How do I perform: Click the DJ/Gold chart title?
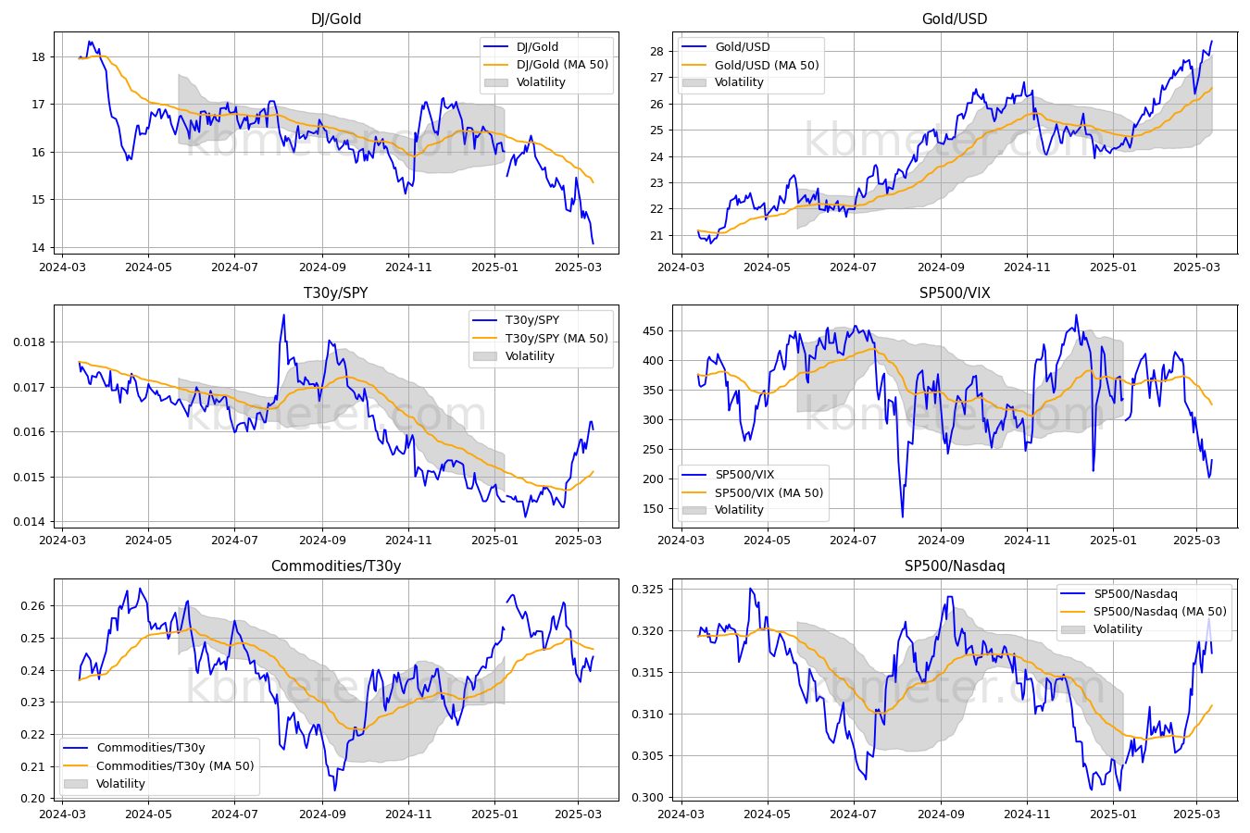pyautogui.click(x=336, y=19)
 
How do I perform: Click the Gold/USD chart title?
pyautogui.click(x=955, y=19)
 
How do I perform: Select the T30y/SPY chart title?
pyautogui.click(x=336, y=292)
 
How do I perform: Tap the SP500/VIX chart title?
pyautogui.click(x=955, y=292)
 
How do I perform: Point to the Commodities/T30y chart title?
pyautogui.click(x=336, y=566)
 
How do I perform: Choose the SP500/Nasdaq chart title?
pyautogui.click(x=955, y=566)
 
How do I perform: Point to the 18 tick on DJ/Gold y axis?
pyautogui.click(x=39, y=56)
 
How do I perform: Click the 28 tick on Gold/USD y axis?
pyautogui.click(x=657, y=51)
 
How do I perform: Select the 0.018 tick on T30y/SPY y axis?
pyautogui.click(x=30, y=342)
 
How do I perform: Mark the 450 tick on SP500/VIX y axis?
pyautogui.click(x=654, y=330)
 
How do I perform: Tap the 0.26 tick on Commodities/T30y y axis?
pyautogui.click(x=33, y=606)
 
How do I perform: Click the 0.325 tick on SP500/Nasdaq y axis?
pyautogui.click(x=648, y=590)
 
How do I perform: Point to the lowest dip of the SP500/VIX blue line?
pyautogui.click(x=903, y=516)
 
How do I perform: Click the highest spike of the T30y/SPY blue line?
pyautogui.click(x=283, y=316)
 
